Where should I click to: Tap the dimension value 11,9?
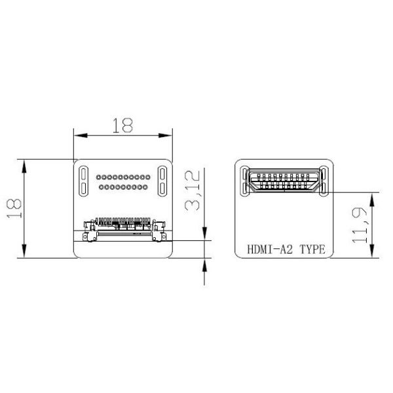[x=360, y=227]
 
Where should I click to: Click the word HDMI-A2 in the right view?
[x=269, y=250]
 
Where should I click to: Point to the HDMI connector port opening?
[x=284, y=181]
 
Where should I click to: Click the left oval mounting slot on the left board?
[x=84, y=181]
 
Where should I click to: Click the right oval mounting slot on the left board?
[x=162, y=181]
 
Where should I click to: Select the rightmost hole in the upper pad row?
[x=147, y=178]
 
